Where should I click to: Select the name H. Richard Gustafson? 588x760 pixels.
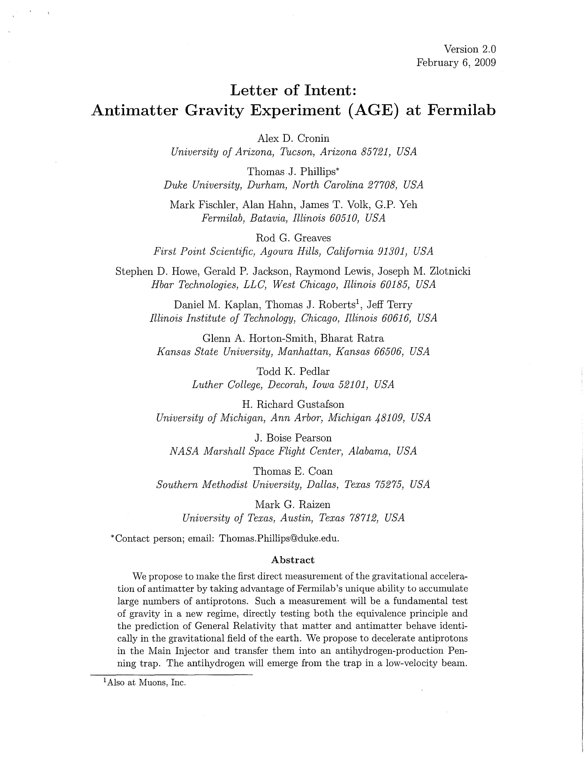pos(293,404)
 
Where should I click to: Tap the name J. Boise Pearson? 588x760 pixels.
pos(293,438)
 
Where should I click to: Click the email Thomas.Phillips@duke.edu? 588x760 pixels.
pos(279,539)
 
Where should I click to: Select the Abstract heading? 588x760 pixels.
pos(293,560)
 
